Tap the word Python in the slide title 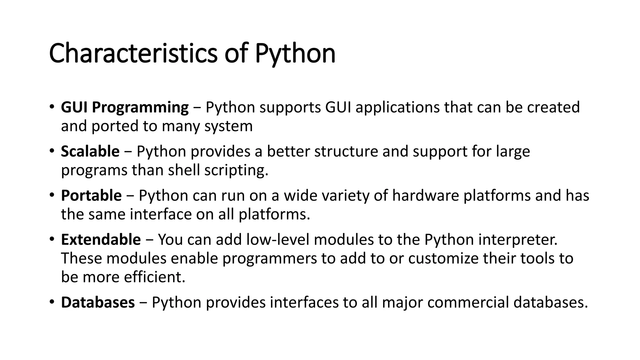click(295, 54)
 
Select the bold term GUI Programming click(125, 107)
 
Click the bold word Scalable click(90, 152)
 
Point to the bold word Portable click(91, 196)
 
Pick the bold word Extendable click(101, 240)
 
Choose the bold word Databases click(98, 302)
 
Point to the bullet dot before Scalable click(52, 151)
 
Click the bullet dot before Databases click(52, 302)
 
